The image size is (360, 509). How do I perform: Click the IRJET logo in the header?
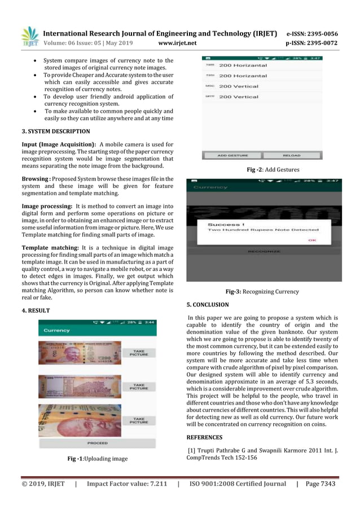[30, 36]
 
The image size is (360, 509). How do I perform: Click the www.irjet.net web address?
[177, 43]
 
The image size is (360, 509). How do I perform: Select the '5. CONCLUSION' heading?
[208, 305]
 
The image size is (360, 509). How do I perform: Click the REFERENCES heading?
[204, 437]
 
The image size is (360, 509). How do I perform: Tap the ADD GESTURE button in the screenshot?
[231, 155]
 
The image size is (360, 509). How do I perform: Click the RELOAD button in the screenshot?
[292, 155]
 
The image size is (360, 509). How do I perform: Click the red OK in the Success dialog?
[312, 240]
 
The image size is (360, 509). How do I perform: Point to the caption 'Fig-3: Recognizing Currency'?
[262, 292]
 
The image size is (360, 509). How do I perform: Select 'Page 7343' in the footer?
[320, 484]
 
